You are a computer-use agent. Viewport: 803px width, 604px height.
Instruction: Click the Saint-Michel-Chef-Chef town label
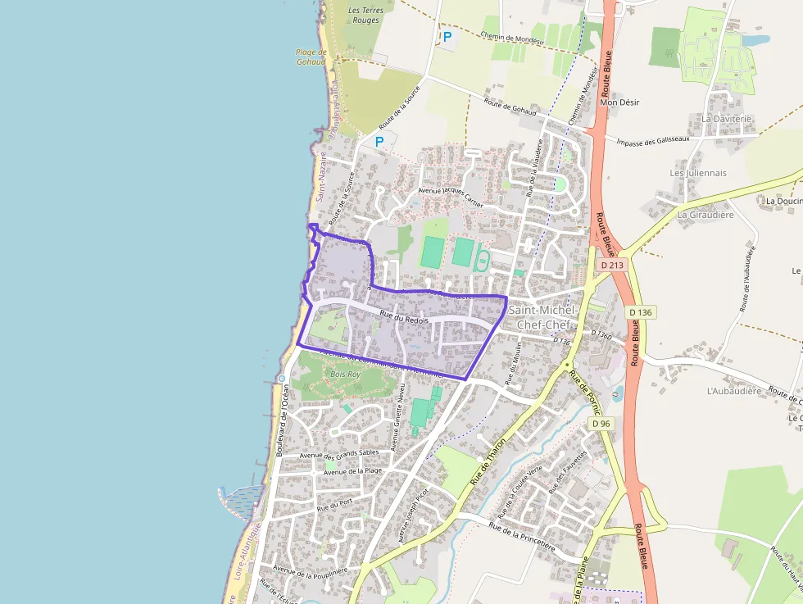click(542, 316)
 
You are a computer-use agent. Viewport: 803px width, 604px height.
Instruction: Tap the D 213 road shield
click(611, 265)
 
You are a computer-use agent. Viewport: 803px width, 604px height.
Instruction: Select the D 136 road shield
click(642, 312)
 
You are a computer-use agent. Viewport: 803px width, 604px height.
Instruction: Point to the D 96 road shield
click(601, 424)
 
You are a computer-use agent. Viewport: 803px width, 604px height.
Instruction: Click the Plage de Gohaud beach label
click(311, 57)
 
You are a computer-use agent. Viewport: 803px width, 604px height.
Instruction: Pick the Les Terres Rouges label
click(365, 15)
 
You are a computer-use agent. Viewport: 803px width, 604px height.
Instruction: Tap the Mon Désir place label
click(619, 102)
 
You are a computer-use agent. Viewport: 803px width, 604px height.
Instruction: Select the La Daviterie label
click(726, 119)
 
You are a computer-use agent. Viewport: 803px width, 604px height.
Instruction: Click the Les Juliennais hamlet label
click(698, 173)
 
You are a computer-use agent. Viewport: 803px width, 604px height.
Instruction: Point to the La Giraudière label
click(704, 215)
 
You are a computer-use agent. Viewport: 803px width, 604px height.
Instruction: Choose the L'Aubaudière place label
click(734, 391)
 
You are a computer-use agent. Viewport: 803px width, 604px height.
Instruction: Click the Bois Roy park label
click(345, 374)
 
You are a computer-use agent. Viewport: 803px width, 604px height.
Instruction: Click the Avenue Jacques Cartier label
click(451, 196)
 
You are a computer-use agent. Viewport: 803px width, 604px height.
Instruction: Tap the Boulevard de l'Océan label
click(284, 420)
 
